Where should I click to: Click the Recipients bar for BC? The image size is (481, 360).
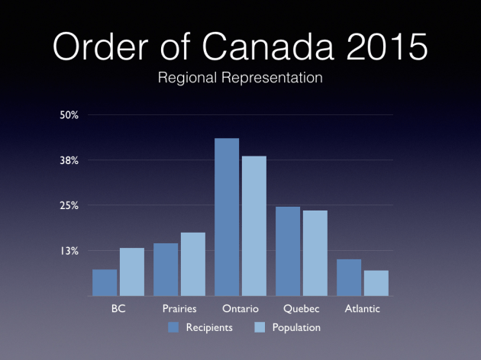click(x=105, y=282)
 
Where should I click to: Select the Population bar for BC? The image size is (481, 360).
click(x=131, y=272)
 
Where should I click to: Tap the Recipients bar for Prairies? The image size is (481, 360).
click(x=166, y=269)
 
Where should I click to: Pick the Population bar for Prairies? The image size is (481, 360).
click(x=192, y=264)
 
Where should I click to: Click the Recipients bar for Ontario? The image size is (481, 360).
click(x=227, y=217)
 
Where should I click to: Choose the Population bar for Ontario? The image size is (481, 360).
click(x=253, y=226)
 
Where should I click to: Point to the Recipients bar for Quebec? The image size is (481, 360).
click(x=288, y=251)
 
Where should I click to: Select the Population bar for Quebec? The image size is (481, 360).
click(x=315, y=253)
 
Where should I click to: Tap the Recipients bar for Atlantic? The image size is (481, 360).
click(x=349, y=278)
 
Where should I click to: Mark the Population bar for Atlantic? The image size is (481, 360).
click(x=376, y=283)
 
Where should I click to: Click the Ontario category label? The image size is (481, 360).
click(x=240, y=310)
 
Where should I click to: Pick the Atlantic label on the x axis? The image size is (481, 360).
click(x=362, y=310)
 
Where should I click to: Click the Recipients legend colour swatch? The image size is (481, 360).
click(x=173, y=327)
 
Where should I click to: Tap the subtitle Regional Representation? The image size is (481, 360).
click(x=240, y=78)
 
